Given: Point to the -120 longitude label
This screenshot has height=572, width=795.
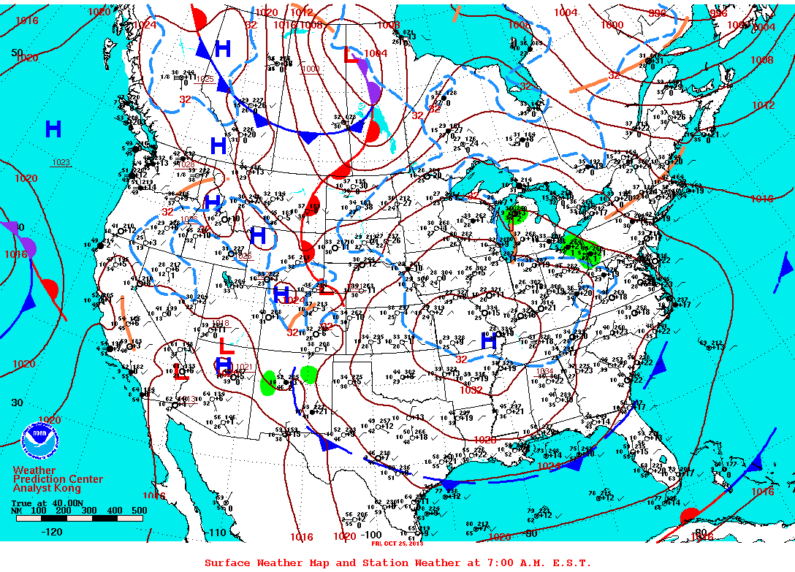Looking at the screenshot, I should tap(51, 532).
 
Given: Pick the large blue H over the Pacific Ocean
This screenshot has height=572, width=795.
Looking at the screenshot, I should tap(53, 130).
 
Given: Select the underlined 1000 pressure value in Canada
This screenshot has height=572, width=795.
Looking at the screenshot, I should tap(311, 69).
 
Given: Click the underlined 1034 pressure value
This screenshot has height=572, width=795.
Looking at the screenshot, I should tap(544, 371).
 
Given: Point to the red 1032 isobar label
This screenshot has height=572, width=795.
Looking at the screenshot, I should tap(471, 390).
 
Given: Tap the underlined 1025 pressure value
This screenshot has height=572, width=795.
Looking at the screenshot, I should tap(205, 79).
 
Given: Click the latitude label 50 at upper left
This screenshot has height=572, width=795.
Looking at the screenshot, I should tap(17, 53).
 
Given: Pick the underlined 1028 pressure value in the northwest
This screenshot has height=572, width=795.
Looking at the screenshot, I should tap(186, 164).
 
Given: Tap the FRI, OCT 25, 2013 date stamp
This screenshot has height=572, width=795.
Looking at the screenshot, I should tap(397, 544).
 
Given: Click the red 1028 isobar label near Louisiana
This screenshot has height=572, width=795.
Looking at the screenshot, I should tap(484, 440).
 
